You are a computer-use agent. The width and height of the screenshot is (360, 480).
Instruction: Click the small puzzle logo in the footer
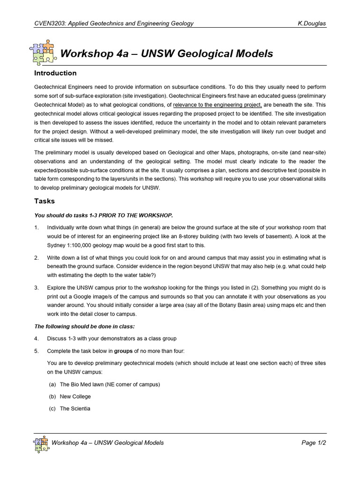[x=41, y=443]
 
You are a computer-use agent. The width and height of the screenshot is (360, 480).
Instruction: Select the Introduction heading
[x=55, y=73]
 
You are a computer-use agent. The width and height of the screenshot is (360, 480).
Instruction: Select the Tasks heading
[x=45, y=201]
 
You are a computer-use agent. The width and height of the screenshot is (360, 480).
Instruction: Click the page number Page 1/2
[x=313, y=443]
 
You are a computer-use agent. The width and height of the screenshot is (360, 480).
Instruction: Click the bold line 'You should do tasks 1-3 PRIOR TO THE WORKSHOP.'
[x=104, y=216]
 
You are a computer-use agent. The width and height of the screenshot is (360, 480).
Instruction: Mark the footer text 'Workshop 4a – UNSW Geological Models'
[x=108, y=443]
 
